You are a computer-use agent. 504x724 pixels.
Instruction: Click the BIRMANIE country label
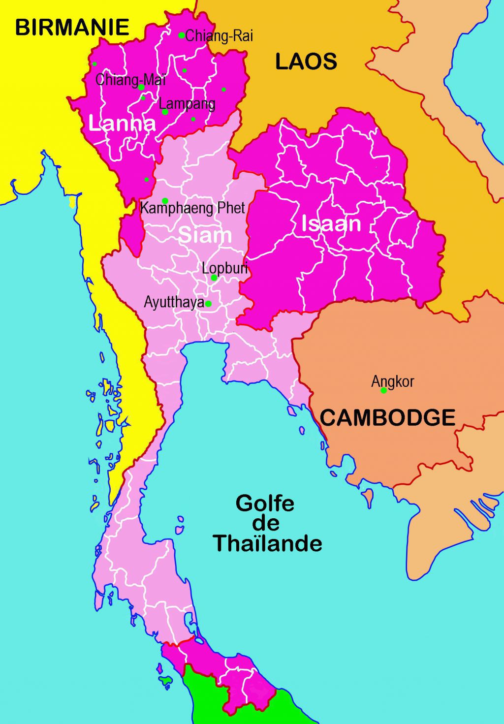click(x=72, y=27)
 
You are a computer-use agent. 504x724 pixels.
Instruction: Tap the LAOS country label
click(x=306, y=62)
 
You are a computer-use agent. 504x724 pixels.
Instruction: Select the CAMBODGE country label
click(x=387, y=418)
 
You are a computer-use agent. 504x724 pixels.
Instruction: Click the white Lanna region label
click(x=122, y=123)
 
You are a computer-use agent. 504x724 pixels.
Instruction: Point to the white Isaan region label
click(x=331, y=224)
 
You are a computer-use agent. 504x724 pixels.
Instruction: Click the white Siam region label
click(x=205, y=235)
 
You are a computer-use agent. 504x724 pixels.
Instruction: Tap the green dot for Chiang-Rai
click(x=181, y=35)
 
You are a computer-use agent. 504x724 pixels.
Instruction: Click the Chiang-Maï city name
click(x=130, y=79)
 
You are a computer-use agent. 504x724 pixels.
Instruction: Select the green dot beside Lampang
click(x=165, y=112)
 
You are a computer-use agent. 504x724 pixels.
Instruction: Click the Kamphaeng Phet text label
click(x=192, y=208)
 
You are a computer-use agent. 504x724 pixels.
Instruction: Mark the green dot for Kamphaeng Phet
click(x=165, y=200)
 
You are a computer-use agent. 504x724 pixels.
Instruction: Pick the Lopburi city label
click(x=224, y=269)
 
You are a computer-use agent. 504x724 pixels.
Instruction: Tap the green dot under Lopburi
click(x=214, y=278)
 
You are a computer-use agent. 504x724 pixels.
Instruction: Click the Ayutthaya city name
click(x=173, y=302)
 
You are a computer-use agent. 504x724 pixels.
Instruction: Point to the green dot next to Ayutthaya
click(x=208, y=304)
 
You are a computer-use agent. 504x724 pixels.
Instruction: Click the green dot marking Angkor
click(x=383, y=390)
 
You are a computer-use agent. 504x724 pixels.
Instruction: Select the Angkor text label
click(x=392, y=381)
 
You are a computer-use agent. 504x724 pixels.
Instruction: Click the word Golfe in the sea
click(x=265, y=503)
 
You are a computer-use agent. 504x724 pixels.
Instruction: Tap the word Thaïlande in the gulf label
click(x=268, y=543)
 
